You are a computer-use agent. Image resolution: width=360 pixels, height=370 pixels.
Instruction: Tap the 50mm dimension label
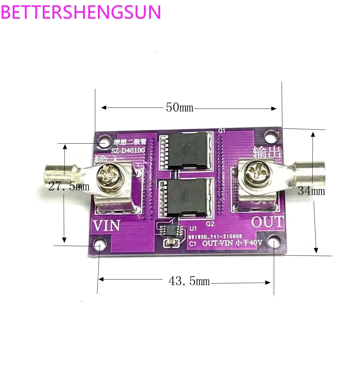click(x=179, y=108)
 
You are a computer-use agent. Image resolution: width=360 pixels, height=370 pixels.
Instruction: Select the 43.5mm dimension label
click(x=189, y=281)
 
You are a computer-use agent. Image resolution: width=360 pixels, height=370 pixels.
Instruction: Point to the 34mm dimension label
click(x=311, y=191)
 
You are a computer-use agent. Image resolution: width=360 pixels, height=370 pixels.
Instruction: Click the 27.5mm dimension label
click(x=69, y=186)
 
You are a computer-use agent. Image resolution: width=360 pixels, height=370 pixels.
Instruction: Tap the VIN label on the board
click(x=106, y=226)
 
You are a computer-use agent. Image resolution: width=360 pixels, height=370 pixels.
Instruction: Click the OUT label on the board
click(x=267, y=222)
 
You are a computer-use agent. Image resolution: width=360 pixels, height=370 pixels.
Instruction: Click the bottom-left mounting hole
click(x=100, y=244)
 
